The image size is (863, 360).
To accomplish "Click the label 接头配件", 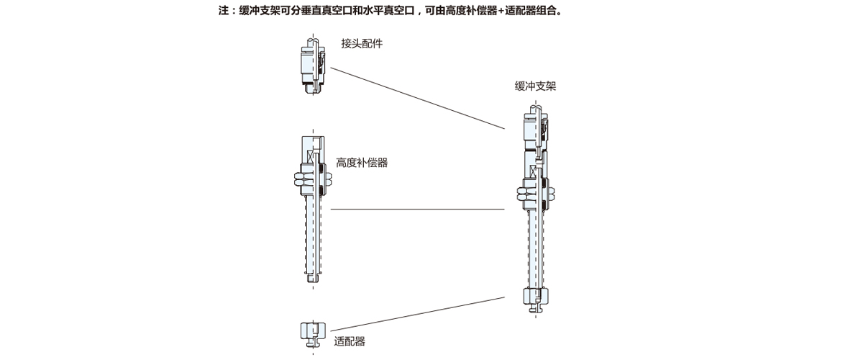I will click(x=362, y=44).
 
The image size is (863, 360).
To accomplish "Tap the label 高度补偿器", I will click(x=362, y=163).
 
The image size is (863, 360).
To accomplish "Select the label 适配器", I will click(x=350, y=341).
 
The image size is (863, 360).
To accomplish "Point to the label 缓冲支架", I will click(x=535, y=86).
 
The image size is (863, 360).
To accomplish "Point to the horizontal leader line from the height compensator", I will click(x=417, y=210).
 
